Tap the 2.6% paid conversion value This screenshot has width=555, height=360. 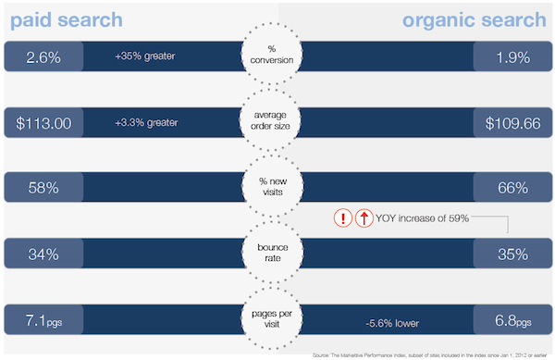pos(43,57)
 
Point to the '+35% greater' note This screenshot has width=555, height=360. pos(145,57)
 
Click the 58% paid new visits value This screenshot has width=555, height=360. pos(43,188)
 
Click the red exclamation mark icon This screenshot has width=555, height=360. pos(343,218)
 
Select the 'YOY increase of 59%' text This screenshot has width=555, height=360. pos(424,218)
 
